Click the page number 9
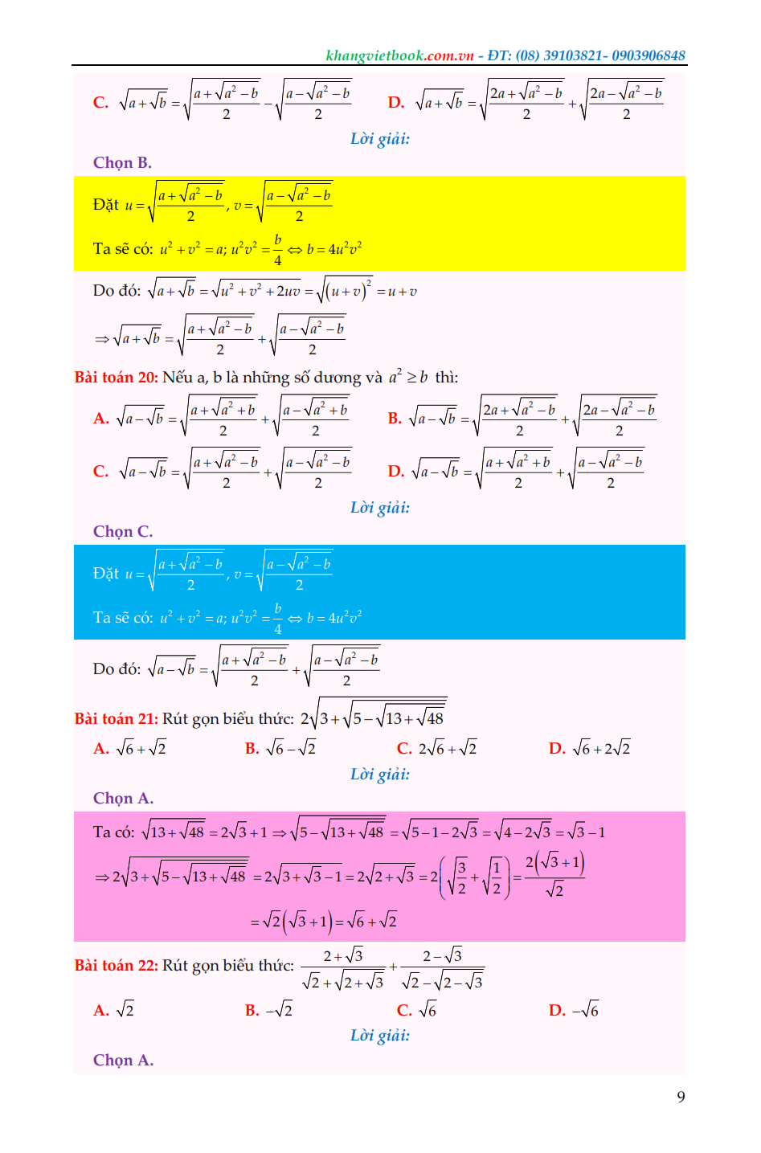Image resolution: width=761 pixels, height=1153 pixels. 681,1097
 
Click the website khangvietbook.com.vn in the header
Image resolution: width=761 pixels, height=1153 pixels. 399,55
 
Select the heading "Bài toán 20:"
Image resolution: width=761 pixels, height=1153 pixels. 116,378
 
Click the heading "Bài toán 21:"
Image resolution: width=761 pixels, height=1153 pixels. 116,719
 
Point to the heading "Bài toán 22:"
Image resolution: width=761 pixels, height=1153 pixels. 116,966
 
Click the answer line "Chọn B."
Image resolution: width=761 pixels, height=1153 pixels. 122,162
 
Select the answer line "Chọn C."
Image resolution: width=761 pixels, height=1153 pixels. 122,531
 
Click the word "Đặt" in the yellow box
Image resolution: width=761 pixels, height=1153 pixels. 105,205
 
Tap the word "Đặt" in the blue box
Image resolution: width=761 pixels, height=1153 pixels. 105,574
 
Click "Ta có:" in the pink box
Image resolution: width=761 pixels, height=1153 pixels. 113,832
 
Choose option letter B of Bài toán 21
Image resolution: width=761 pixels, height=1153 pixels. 252,749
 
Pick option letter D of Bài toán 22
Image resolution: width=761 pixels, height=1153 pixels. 557,1011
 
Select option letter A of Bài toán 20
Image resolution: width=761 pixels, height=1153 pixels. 100,419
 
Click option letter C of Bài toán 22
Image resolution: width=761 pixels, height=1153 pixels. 404,1011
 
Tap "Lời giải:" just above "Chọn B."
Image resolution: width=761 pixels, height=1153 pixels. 379,139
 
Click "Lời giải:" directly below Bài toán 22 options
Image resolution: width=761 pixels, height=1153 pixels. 379,1036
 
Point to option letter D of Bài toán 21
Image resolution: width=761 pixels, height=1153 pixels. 557,749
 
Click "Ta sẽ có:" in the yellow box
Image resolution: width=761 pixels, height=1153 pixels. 122,249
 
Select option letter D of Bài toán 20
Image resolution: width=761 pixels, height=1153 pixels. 395,472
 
